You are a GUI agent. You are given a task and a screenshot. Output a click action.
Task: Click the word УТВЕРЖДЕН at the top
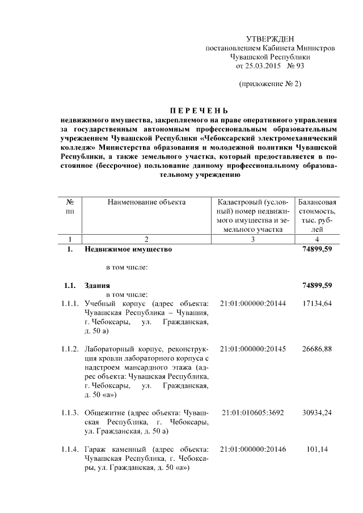pos(270,39)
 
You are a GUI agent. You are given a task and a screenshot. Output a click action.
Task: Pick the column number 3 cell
pos(252,239)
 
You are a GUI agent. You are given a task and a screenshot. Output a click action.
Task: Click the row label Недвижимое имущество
pos(128,249)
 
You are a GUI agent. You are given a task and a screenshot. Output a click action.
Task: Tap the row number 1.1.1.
pos(70,304)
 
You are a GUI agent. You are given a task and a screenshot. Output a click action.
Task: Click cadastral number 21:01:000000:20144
pos(252,304)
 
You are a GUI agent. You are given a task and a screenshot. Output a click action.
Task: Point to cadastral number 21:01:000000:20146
pos(252,450)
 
